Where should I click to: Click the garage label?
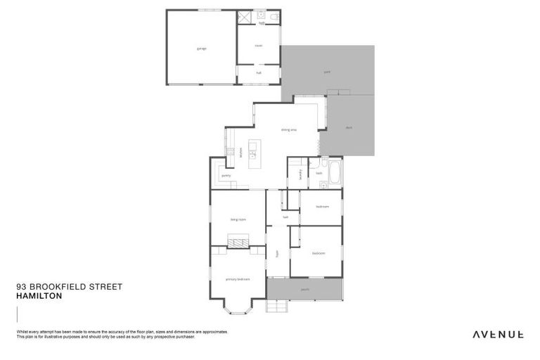tap(201, 49)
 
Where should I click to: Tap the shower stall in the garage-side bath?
tap(244, 17)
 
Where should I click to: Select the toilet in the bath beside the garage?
tap(274, 15)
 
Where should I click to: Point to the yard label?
tap(327, 72)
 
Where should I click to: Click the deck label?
tap(349, 127)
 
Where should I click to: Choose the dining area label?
tap(288, 130)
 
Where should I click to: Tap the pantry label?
tap(226, 175)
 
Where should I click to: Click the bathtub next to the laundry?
tap(334, 173)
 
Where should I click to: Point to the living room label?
tap(238, 219)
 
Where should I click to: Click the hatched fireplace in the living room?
tap(238, 243)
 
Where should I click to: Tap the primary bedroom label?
tap(238, 279)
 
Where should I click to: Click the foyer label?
tap(278, 253)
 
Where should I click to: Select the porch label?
tap(305, 288)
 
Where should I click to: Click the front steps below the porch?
tap(277, 307)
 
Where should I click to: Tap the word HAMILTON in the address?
tap(39, 297)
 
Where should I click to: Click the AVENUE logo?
tap(497, 334)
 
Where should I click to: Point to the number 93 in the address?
tap(21, 287)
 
